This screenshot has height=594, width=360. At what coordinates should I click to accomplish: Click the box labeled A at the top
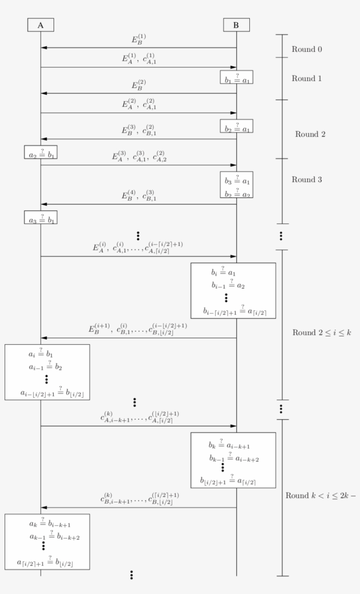(x=40, y=25)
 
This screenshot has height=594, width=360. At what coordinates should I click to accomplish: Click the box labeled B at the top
(x=236, y=25)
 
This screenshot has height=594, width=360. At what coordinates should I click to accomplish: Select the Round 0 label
(x=307, y=49)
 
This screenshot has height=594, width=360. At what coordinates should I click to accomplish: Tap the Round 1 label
(x=307, y=79)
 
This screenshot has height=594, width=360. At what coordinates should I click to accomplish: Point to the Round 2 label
(x=310, y=134)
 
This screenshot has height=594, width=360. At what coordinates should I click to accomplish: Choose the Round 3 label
(x=307, y=180)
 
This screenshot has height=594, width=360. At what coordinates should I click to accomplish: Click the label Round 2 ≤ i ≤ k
(x=322, y=332)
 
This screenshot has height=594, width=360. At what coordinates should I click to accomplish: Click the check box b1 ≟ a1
(x=237, y=77)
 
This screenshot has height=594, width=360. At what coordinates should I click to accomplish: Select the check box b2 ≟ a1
(x=237, y=126)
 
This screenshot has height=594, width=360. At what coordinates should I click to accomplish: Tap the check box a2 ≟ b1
(x=41, y=152)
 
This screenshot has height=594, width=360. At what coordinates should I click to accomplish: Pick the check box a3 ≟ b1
(x=41, y=217)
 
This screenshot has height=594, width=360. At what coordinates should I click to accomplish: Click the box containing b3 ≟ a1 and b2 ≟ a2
(x=237, y=184)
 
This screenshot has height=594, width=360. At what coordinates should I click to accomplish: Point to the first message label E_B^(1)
(x=139, y=40)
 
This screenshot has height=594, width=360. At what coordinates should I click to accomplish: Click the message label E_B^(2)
(x=139, y=85)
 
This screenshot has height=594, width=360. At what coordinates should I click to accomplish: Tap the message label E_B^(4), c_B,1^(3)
(x=139, y=195)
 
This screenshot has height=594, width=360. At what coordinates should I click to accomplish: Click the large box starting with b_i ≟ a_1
(x=233, y=290)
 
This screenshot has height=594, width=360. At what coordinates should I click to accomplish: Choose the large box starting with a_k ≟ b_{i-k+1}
(x=47, y=542)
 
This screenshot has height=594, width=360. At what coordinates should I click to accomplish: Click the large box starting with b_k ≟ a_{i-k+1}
(x=233, y=460)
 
